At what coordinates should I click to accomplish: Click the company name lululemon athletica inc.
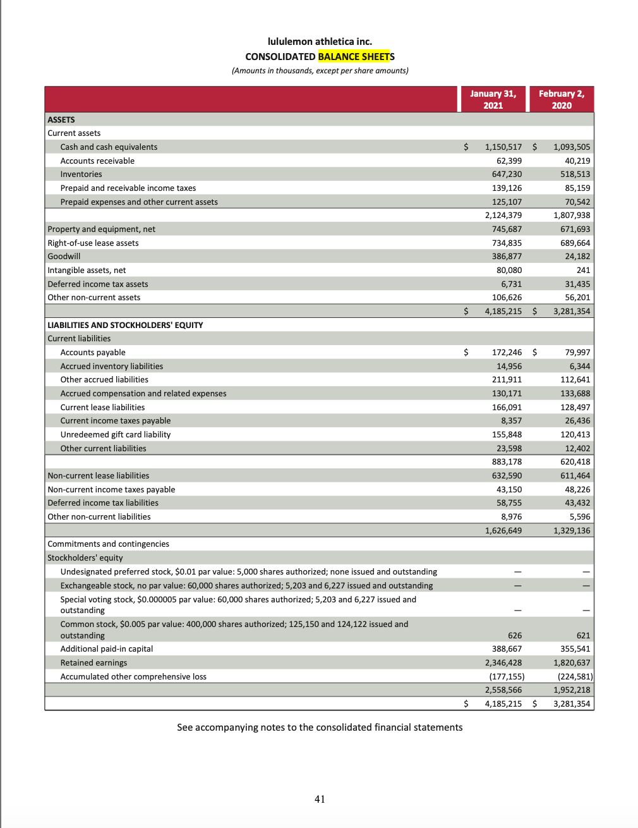coord(320,42)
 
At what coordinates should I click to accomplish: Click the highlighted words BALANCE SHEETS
coord(356,57)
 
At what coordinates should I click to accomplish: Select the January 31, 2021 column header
coord(493,99)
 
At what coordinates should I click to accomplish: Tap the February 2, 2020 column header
coord(561,99)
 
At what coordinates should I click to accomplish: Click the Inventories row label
coord(81,174)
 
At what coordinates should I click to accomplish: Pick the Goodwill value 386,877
coord(507,257)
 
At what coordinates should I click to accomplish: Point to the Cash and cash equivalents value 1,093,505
coord(571,147)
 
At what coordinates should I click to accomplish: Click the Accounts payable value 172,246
coord(507,353)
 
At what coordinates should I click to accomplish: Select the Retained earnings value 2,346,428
coord(503,663)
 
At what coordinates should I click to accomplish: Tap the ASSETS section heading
coord(61,120)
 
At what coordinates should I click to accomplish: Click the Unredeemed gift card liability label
coord(116,435)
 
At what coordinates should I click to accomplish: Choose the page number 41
coord(320,800)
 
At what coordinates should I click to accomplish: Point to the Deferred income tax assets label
coord(98,284)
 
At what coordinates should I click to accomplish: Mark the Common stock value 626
coord(514,636)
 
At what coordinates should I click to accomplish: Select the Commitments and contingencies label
coord(108,544)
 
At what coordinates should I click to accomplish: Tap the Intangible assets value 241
coord(583,271)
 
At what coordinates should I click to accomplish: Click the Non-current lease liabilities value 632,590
coord(507,476)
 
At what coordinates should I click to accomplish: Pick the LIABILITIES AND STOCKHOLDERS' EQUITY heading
coord(125,326)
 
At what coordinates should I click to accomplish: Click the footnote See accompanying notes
coord(320,728)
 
